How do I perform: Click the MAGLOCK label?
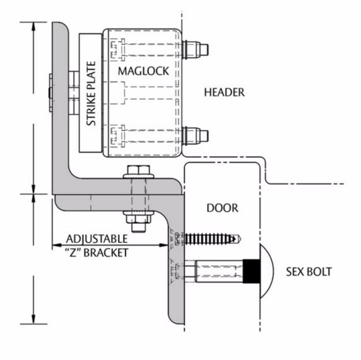[x=143, y=71]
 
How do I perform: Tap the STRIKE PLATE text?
[x=91, y=93]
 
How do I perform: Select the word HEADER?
[x=224, y=92]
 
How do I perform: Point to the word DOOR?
[x=222, y=208]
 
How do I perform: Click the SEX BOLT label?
[x=309, y=272]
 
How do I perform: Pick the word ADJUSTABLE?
[x=97, y=239]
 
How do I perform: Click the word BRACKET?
[x=105, y=253]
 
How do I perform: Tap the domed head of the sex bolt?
[x=267, y=272]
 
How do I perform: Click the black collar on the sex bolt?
[x=252, y=272]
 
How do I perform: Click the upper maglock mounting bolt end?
[x=195, y=49]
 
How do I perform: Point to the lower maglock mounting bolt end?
[x=195, y=136]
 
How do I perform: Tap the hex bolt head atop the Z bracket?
[x=139, y=172]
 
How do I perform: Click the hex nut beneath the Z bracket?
[x=139, y=219]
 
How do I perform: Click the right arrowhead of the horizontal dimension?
[x=164, y=245]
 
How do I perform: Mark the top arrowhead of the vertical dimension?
[x=33, y=26]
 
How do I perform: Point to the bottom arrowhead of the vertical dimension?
[x=33, y=319]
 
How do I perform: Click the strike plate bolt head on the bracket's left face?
[x=50, y=93]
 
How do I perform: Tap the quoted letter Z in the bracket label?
[x=73, y=253]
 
